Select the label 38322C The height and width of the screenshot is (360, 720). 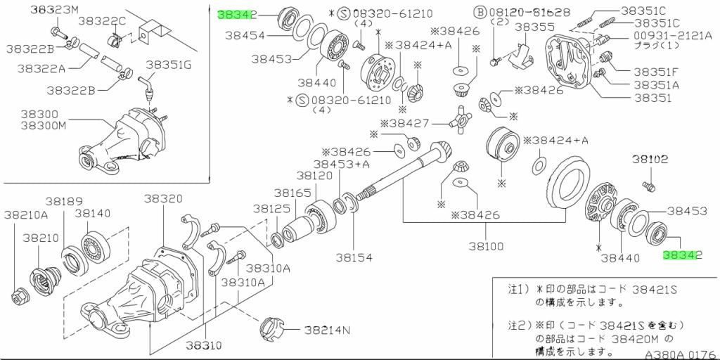click(101, 20)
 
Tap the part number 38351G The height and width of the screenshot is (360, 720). click(168, 65)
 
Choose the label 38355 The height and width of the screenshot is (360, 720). click(532, 27)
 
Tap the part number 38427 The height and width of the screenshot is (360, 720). click(410, 124)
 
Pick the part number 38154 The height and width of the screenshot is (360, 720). click(354, 258)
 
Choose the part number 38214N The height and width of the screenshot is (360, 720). click(327, 329)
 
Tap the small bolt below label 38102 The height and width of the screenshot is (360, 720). click(648, 186)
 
